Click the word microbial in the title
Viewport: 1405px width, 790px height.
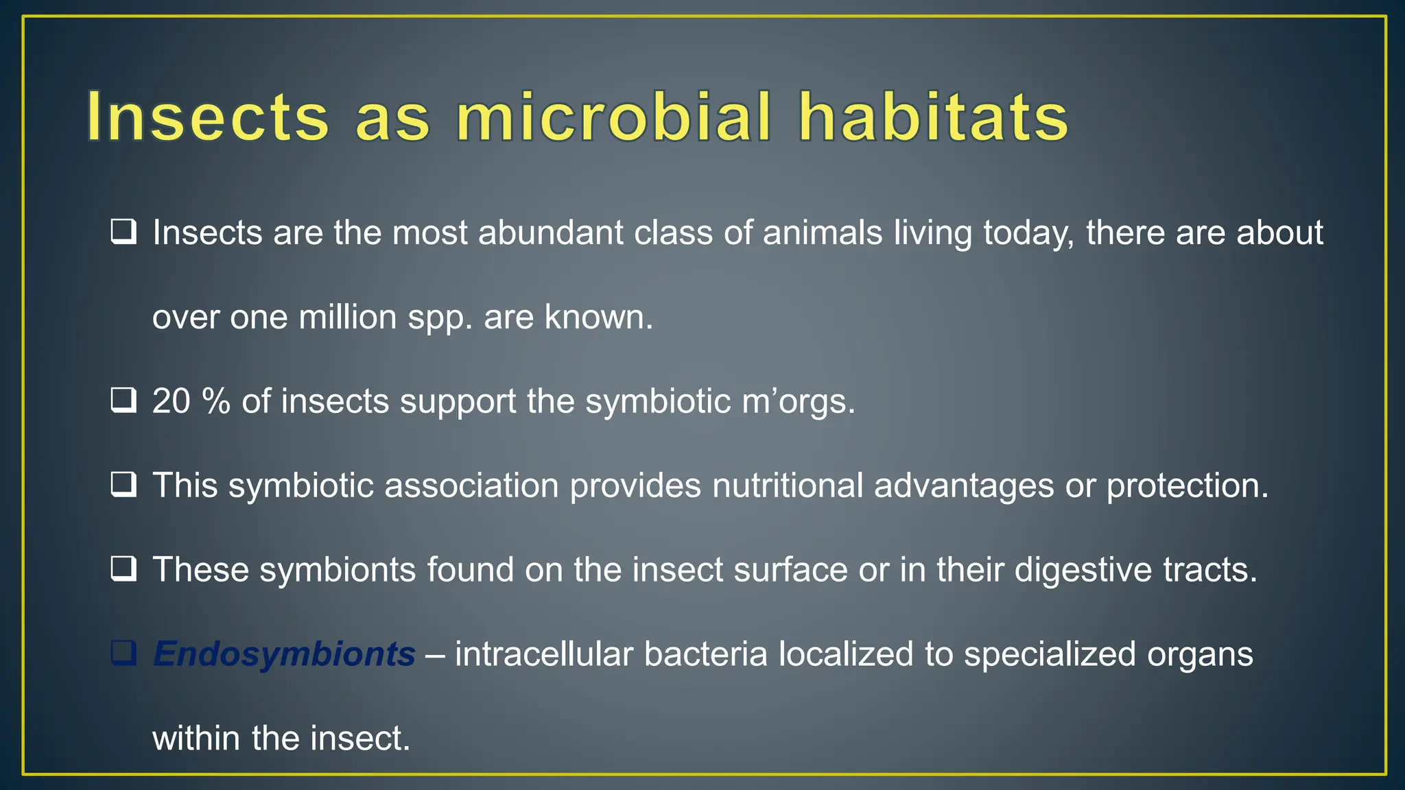coord(613,117)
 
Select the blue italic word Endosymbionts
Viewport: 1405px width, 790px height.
coord(284,654)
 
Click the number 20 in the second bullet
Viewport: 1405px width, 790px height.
coord(171,401)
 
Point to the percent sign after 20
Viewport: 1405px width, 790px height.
coord(216,401)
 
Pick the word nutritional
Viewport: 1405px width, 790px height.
coord(788,486)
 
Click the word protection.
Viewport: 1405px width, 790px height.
coord(1187,486)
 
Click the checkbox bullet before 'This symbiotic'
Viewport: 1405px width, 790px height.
coord(123,485)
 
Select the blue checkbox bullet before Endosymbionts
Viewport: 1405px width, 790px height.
coord(123,654)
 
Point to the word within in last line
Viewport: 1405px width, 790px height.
coord(196,739)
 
